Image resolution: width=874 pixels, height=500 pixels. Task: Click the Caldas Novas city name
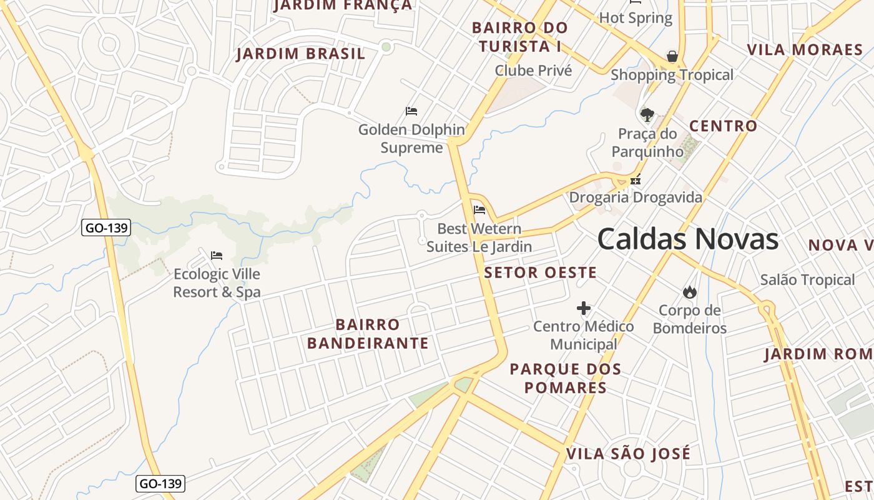(x=687, y=239)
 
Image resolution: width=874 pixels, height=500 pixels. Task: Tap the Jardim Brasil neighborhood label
(x=300, y=54)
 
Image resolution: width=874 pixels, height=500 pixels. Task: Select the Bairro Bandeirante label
(x=368, y=334)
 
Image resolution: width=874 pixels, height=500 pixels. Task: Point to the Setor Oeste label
(x=541, y=272)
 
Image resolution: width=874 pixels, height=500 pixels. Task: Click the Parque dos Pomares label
(x=566, y=378)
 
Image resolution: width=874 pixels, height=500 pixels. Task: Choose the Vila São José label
(x=628, y=454)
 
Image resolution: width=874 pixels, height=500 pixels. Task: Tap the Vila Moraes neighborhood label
(x=805, y=50)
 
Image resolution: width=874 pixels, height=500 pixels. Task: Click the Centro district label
(x=723, y=126)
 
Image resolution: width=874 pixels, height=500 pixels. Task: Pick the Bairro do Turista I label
(x=520, y=37)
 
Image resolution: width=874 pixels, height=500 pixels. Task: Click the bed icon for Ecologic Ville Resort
(x=217, y=255)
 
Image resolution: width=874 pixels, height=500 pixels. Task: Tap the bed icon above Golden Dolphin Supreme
(x=411, y=111)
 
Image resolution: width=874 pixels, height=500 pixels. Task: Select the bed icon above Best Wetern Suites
(x=479, y=210)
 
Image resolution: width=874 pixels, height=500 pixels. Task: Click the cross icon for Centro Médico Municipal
(x=584, y=308)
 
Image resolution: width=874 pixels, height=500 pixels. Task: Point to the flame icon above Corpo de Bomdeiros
(x=689, y=292)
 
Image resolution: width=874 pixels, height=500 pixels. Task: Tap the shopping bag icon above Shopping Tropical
(x=672, y=56)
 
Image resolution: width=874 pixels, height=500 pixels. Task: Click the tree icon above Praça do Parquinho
(x=647, y=115)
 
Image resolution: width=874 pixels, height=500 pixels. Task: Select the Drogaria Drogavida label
(x=636, y=197)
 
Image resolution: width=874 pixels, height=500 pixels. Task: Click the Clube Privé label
(x=533, y=71)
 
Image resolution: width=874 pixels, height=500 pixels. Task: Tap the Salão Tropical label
(x=807, y=280)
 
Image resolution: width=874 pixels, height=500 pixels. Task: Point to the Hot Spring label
(x=636, y=18)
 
